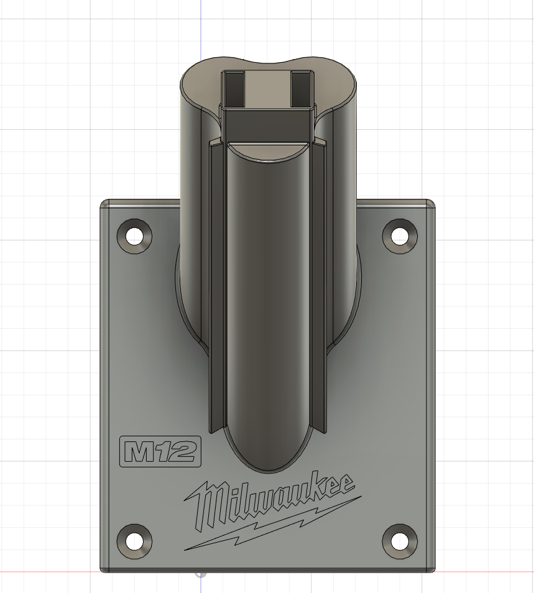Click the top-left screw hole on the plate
[x=134, y=236]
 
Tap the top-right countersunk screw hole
[x=400, y=236]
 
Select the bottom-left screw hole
[x=134, y=539]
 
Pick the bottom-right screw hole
[x=400, y=539]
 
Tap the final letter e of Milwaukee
[x=346, y=484]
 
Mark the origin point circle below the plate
[x=200, y=572]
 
